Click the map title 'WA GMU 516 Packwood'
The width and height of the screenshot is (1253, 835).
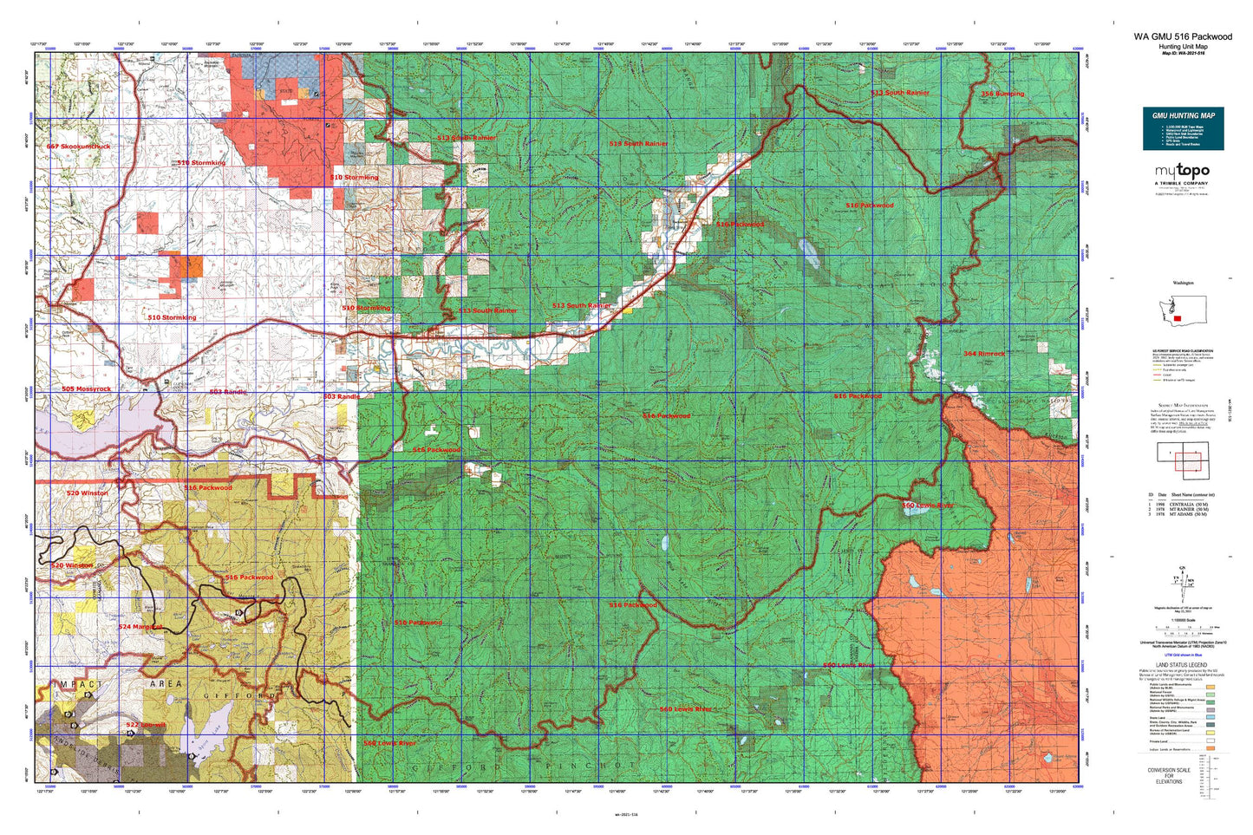pyautogui.click(x=1182, y=36)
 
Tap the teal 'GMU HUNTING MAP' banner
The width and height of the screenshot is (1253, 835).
pyautogui.click(x=1183, y=115)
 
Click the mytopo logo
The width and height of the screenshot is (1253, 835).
pyautogui.click(x=1183, y=173)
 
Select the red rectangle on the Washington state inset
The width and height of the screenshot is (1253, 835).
pyautogui.click(x=1177, y=318)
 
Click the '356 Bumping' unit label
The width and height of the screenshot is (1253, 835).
pyautogui.click(x=1002, y=94)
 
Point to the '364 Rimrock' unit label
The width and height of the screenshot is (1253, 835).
pyautogui.click(x=984, y=354)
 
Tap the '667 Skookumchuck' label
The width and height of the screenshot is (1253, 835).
pyautogui.click(x=78, y=147)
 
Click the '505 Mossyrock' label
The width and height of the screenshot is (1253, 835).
pyautogui.click(x=86, y=389)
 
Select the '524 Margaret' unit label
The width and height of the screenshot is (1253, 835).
pyautogui.click(x=140, y=626)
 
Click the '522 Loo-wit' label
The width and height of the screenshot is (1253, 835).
pyautogui.click(x=145, y=725)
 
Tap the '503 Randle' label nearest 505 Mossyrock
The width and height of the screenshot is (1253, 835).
pyautogui.click(x=227, y=392)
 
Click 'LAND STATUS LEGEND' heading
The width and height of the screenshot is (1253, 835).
pyautogui.click(x=1182, y=665)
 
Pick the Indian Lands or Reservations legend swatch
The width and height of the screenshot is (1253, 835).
pyautogui.click(x=1210, y=753)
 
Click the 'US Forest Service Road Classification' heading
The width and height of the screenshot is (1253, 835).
pyautogui.click(x=1182, y=350)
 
